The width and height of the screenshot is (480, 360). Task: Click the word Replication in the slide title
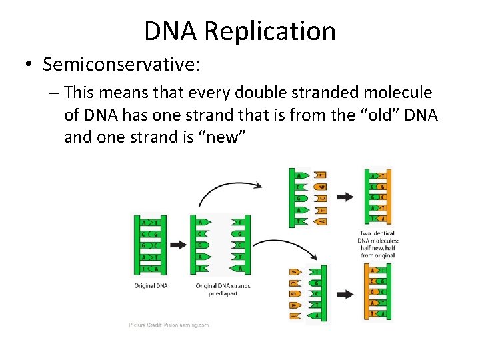pos(270,31)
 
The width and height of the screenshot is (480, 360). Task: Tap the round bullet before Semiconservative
pos(29,65)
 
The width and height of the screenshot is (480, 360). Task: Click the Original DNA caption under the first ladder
pos(150,286)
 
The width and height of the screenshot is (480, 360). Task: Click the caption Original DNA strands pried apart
pos(223,289)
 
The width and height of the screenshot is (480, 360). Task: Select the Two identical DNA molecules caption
pos(378,245)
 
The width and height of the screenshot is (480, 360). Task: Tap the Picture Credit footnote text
pos(169,325)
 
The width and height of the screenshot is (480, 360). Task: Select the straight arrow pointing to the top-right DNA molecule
pos(345,197)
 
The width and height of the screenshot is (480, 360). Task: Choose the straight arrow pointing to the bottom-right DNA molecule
pos(345,293)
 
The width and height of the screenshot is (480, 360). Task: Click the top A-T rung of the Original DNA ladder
pos(150,221)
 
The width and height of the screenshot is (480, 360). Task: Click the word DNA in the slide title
pos(171,31)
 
